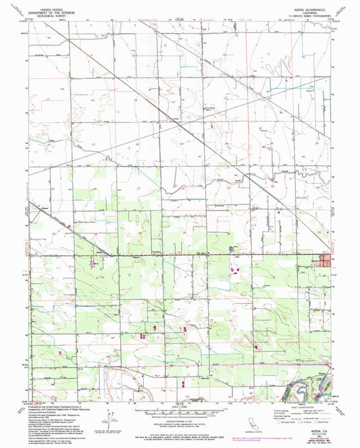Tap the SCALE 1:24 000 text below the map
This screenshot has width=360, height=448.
click(180, 407)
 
